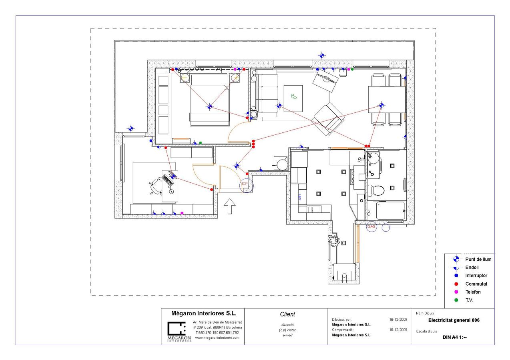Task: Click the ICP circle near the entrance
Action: pyautogui.click(x=245, y=185)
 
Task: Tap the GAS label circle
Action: pyautogui.click(x=371, y=226)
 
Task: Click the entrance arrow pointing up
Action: pyautogui.click(x=229, y=206)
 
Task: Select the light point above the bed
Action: pyautogui.click(x=210, y=106)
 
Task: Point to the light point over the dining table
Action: pyautogui.click(x=381, y=106)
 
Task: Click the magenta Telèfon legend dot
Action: pyautogui.click(x=456, y=292)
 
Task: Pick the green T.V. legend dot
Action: pyautogui.click(x=456, y=300)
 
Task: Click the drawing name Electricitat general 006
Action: pyautogui.click(x=454, y=320)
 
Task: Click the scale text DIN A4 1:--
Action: pyautogui.click(x=454, y=337)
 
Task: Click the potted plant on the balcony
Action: pyautogui.click(x=334, y=240)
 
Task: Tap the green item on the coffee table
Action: pyautogui.click(x=294, y=96)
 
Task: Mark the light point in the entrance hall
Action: pyautogui.click(x=237, y=165)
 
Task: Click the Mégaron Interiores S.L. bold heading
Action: pyautogui.click(x=204, y=313)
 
